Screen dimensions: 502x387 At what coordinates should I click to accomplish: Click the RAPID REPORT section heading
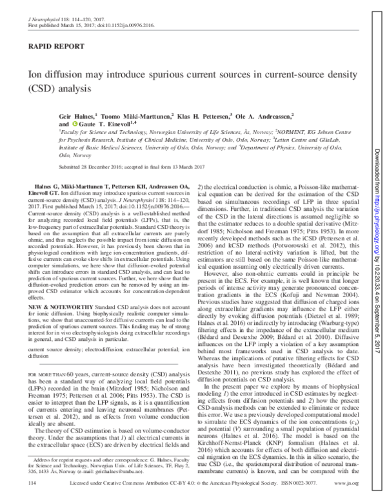(48, 48)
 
